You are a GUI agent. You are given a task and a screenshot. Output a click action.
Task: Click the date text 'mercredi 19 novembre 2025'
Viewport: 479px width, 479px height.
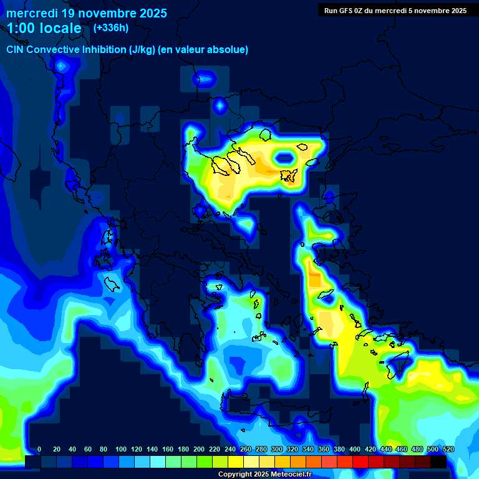[x=87, y=13]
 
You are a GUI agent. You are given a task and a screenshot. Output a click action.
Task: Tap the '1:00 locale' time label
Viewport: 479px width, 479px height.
[x=44, y=28]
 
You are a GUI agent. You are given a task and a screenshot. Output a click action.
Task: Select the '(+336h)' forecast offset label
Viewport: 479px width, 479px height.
[x=111, y=27]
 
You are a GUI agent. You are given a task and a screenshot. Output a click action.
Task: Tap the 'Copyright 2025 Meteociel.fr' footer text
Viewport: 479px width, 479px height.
[x=264, y=475]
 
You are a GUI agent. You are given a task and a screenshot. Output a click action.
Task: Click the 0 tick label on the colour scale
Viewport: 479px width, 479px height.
[x=39, y=449]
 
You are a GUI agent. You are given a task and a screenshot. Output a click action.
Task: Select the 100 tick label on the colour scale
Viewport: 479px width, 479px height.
[x=121, y=449]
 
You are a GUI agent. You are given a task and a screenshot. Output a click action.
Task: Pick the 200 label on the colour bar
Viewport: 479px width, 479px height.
[x=199, y=449]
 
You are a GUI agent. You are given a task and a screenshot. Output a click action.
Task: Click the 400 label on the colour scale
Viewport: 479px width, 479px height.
[x=355, y=449]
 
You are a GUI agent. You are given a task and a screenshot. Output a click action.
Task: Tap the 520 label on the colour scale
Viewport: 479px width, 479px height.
[x=448, y=449]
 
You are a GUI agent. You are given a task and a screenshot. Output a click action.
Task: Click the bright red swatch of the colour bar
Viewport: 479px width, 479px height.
[x=360, y=462]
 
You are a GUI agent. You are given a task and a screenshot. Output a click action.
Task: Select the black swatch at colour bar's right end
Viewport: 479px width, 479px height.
[x=438, y=462]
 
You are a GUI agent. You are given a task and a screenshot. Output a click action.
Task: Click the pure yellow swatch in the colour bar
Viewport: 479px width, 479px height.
[x=236, y=462]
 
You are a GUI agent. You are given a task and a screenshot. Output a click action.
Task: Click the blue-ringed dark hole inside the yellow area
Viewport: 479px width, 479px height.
[x=286, y=158]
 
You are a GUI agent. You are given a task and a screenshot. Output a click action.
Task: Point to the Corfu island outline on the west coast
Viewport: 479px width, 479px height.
[x=112, y=284]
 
